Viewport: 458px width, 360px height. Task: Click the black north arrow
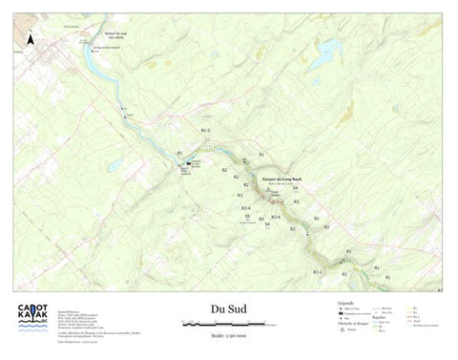(x=31, y=40)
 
